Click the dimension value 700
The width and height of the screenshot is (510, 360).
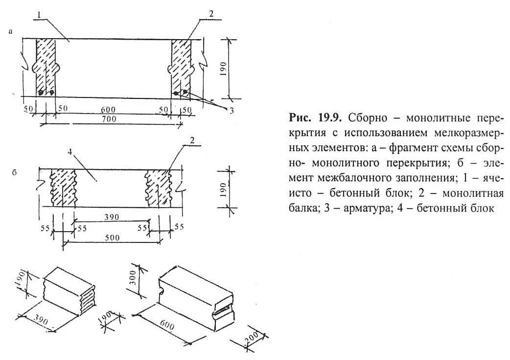[108, 120]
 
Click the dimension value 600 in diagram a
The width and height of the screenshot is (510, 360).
[109, 110]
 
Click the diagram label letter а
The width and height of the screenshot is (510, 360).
[10, 32]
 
